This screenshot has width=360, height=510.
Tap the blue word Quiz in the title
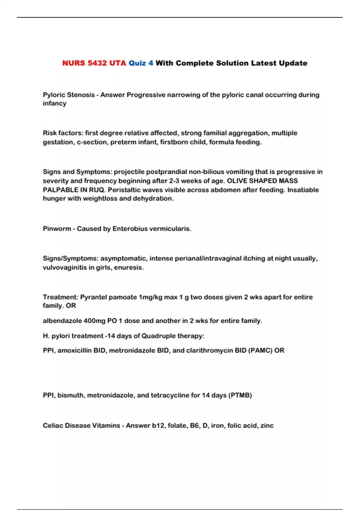(137, 63)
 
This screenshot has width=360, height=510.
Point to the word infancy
(54, 103)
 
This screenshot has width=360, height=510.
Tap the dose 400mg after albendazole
(94, 321)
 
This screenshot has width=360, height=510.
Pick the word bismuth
(70, 395)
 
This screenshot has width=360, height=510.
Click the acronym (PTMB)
(240, 395)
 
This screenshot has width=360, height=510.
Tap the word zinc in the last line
(267, 426)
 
